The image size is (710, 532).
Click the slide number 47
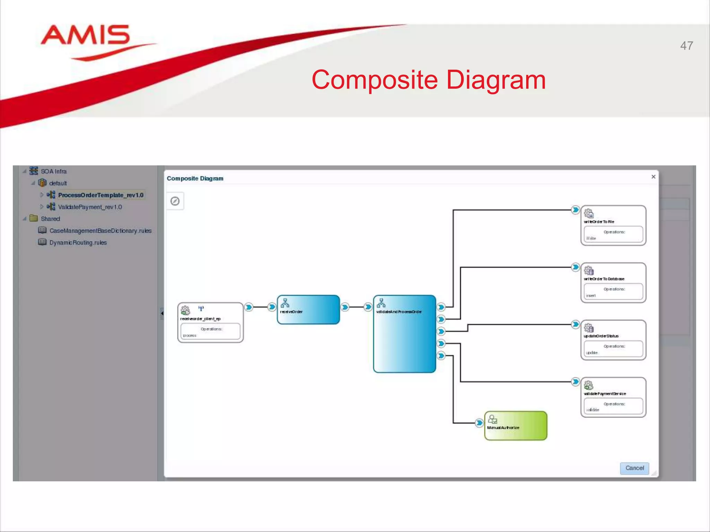click(x=686, y=46)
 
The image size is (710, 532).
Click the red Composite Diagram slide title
click(x=428, y=80)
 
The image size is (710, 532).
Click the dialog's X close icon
click(x=653, y=177)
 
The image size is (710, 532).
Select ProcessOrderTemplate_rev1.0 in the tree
click(x=101, y=195)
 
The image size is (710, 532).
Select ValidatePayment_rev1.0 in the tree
click(x=90, y=207)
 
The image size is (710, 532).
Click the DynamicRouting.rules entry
click(x=78, y=242)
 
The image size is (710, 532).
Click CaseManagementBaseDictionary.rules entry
click(x=100, y=231)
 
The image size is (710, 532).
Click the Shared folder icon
click(x=34, y=219)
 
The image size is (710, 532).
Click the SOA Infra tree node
click(x=53, y=171)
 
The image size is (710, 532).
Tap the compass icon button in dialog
click(x=175, y=201)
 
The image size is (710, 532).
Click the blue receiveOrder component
click(x=308, y=310)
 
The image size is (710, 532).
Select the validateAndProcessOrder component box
click(x=404, y=334)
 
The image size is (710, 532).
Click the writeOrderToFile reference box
click(x=613, y=225)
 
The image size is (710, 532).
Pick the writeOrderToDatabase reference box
click(x=613, y=283)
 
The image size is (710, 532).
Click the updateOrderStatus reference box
click(x=613, y=340)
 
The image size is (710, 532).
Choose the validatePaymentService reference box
click(x=613, y=397)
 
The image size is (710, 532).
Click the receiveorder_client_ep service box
click(x=210, y=322)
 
